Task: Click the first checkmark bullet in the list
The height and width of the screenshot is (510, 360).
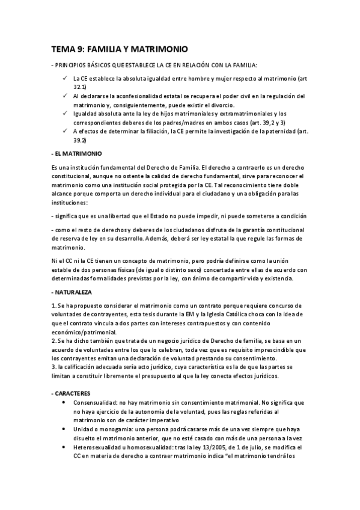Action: (64, 78)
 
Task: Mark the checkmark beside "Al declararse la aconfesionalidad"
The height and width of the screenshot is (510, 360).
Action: (64, 96)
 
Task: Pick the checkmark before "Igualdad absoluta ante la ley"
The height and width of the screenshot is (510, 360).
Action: (64, 113)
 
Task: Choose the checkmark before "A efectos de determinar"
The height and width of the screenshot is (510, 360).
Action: (64, 131)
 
